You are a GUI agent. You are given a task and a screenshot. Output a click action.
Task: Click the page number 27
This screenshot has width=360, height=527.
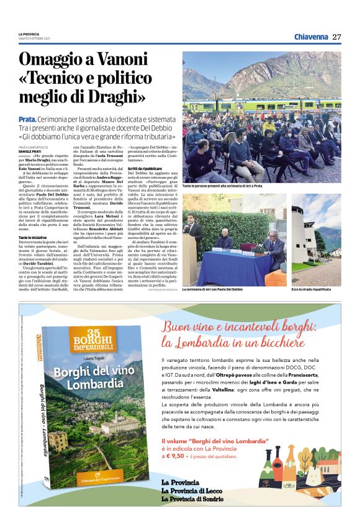pyautogui.click(x=336, y=37)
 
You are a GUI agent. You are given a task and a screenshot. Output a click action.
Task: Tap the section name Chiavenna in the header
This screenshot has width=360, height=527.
pyautogui.click(x=311, y=37)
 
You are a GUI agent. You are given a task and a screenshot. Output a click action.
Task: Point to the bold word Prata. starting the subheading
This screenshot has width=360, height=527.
pyautogui.click(x=27, y=119)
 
